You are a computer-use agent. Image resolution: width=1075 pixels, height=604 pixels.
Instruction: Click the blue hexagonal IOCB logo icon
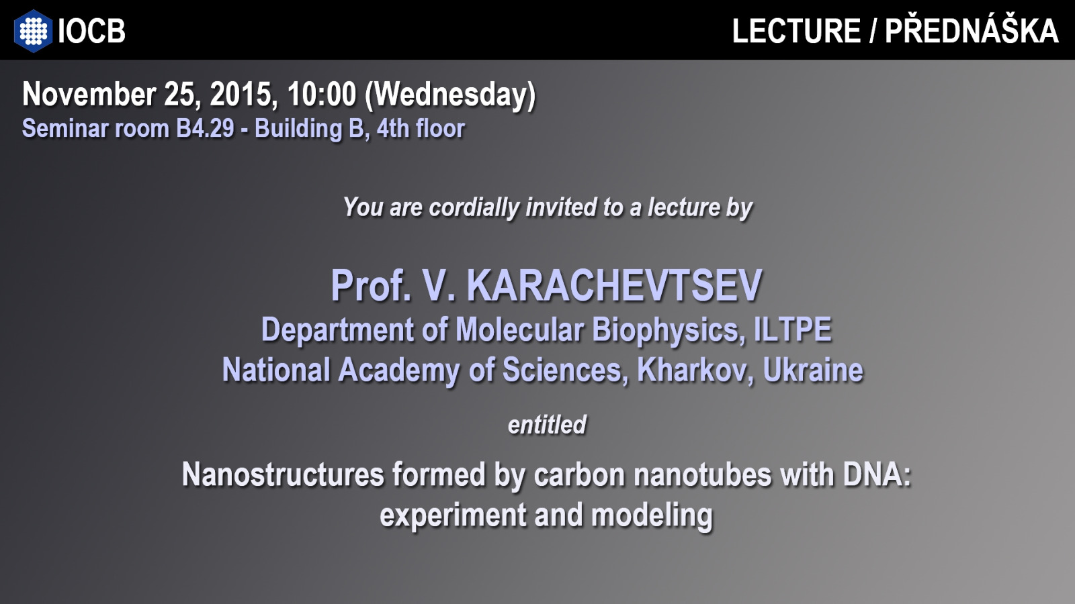[x=33, y=31]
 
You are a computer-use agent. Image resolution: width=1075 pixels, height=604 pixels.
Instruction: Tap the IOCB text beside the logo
[x=91, y=31]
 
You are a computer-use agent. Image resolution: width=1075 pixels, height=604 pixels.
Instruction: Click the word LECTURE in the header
[x=796, y=31]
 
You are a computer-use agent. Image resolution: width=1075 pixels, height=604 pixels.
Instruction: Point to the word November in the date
[x=89, y=94]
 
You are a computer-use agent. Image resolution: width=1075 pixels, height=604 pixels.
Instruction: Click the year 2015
[x=243, y=95]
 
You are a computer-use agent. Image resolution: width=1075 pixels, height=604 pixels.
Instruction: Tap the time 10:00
[x=322, y=94]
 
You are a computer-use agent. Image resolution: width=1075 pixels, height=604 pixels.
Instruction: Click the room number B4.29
[x=205, y=128]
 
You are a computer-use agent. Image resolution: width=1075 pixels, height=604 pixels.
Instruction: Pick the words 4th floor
[x=421, y=128]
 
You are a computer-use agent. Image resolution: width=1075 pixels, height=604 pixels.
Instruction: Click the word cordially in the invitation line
[x=474, y=207]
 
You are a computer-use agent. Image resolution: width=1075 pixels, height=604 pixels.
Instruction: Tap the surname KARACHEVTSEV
[x=614, y=285]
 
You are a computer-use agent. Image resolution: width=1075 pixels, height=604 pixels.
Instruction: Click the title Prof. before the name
[x=371, y=285]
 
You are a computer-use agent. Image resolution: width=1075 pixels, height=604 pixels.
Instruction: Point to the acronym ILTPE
[x=793, y=330]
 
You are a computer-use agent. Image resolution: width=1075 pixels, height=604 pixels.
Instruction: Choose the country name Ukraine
[x=813, y=370]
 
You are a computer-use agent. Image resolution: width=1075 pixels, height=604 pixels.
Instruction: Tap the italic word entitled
[x=547, y=425]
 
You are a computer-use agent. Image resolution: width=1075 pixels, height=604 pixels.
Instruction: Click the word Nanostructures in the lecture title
[x=283, y=474]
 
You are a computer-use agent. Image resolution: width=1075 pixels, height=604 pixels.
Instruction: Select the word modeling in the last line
[x=652, y=516]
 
